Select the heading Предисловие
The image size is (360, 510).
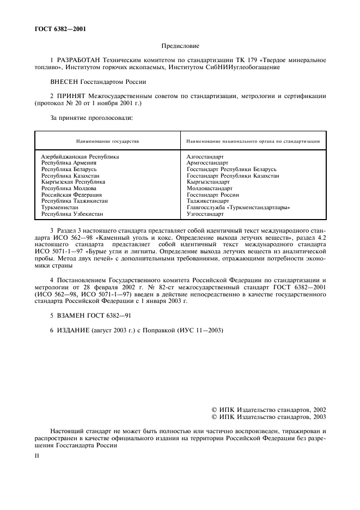(x=180, y=46)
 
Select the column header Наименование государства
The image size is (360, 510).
(x=107, y=141)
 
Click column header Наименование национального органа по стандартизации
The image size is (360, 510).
(x=253, y=141)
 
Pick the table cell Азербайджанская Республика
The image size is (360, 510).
(x=80, y=156)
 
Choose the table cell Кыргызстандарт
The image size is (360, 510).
(x=208, y=182)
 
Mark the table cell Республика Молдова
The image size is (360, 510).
(x=69, y=189)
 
